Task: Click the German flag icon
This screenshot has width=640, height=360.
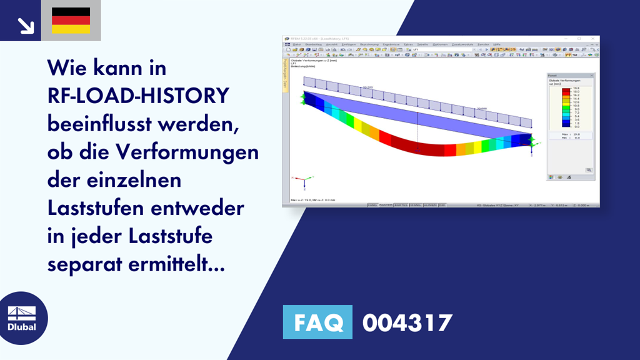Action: pos(71,21)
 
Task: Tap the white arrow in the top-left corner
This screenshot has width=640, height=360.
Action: pos(26,25)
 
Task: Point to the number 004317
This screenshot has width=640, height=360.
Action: pos(407,322)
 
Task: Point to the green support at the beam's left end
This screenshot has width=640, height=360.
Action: pos(304,98)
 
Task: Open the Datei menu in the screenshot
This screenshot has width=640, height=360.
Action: pos(296,44)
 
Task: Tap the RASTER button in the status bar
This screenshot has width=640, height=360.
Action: pos(386,204)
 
